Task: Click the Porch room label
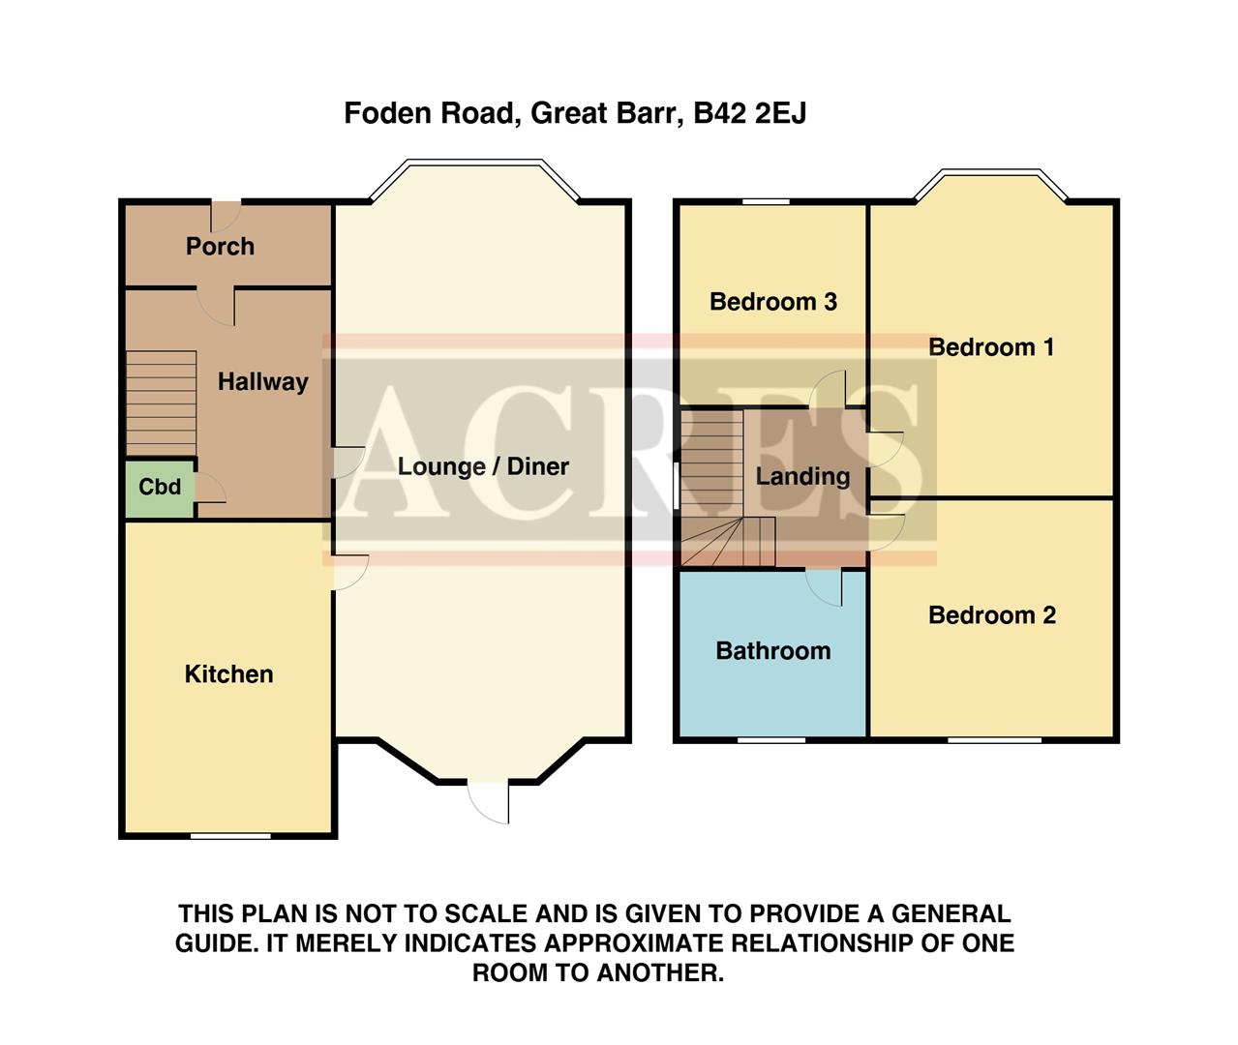pos(220,247)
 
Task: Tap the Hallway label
pos(262,382)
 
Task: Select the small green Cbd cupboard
pos(160,487)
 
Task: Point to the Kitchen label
pos(228,674)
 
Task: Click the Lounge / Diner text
pos(483,466)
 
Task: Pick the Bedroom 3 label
pos(772,302)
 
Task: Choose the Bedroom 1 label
pos(991,347)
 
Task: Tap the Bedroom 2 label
pos(991,615)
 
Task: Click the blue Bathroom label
pos(772,651)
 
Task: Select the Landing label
pos(802,476)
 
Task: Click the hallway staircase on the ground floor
pos(161,403)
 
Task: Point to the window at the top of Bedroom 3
pos(767,201)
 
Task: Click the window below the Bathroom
pos(771,740)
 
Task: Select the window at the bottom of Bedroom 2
pos(994,740)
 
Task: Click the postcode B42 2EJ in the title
pos(750,114)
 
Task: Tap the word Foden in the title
pos(386,114)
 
